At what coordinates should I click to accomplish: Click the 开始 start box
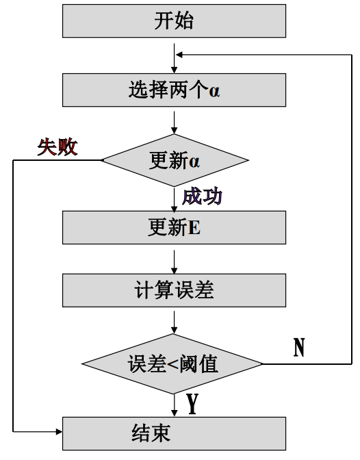point(174,21)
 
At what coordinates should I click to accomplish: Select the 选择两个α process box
point(174,90)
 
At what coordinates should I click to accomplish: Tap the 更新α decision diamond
point(174,162)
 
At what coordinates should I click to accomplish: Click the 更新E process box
point(174,227)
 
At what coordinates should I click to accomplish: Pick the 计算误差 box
point(174,291)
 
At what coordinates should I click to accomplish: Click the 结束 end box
point(174,433)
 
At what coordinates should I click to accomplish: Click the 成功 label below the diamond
point(202,197)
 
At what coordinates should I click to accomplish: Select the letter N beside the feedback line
point(299,348)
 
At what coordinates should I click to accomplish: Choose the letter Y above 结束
point(192,405)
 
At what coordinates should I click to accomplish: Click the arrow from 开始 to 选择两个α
point(175,57)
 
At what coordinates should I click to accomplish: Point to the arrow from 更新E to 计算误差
point(175,261)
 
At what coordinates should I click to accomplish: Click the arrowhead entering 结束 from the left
point(58,433)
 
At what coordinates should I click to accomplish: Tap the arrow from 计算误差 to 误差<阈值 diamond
point(175,321)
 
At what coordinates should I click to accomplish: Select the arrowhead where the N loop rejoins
point(179,54)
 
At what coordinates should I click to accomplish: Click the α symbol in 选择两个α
point(215,90)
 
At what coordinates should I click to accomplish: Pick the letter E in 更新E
point(194,228)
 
